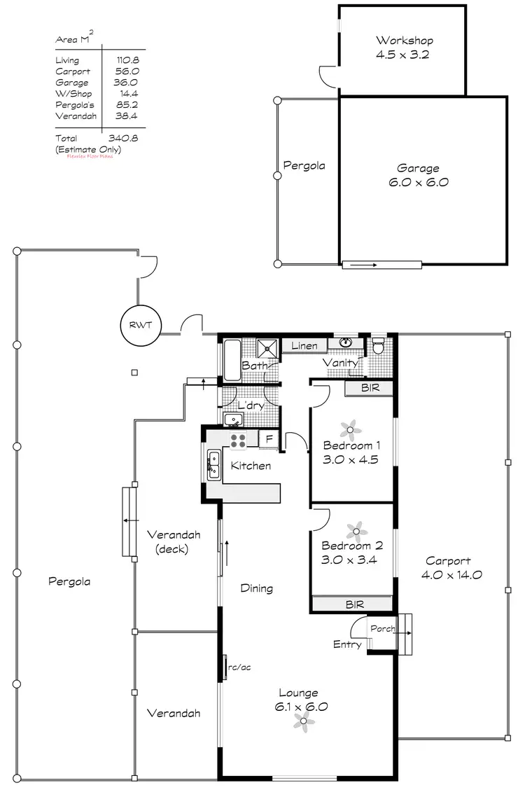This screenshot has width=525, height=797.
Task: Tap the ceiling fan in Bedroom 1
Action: pos(349,429)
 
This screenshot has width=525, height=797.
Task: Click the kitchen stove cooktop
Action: pos(238,440)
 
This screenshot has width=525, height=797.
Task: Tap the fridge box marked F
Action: pos(269,440)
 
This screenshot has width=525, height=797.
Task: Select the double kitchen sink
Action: pos(213,465)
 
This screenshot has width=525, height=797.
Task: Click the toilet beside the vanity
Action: pos(379,345)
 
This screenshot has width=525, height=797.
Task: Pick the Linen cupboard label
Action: pos(304,346)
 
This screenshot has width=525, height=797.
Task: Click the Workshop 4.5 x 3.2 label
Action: pos(405,46)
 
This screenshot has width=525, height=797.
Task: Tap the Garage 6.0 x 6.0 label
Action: pos(419,175)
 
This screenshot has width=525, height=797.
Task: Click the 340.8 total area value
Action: pos(123,139)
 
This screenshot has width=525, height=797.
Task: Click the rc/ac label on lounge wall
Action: pos(239,667)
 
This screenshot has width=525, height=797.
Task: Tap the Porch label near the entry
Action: pos(383,628)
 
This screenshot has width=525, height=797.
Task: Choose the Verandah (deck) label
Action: pos(174,541)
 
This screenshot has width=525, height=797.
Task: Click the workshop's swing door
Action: pos(328,74)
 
